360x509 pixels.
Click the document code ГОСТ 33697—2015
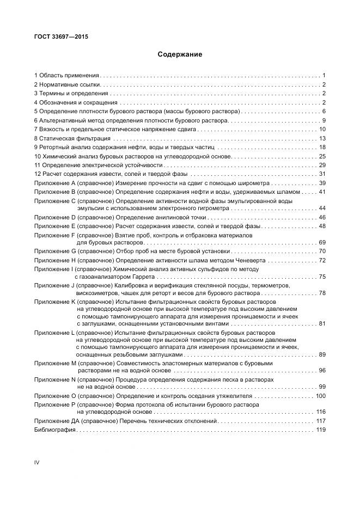click(x=61, y=37)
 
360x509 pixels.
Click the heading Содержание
click(x=180, y=54)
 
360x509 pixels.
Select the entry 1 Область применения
click(x=66, y=76)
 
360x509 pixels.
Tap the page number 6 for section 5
click(x=324, y=111)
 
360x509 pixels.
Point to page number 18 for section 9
click(x=322, y=147)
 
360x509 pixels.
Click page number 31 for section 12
click(x=322, y=174)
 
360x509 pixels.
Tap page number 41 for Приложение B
click(x=322, y=192)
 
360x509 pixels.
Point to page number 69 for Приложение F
click(x=322, y=242)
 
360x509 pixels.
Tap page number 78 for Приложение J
click(x=322, y=293)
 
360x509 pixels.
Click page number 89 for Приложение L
click(x=322, y=354)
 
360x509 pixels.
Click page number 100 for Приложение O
click(x=320, y=396)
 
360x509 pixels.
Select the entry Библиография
click(x=55, y=430)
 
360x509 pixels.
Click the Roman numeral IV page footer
click(x=37, y=463)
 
